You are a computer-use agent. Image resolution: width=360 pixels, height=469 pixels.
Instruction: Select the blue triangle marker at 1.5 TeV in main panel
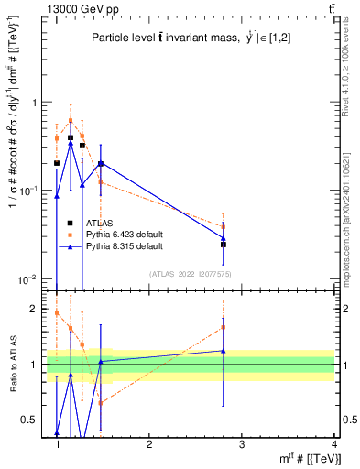[x=101, y=164]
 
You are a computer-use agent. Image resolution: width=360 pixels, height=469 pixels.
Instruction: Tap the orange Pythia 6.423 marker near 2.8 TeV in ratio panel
[x=224, y=327]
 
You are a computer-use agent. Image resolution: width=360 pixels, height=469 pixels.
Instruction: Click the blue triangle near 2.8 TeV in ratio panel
[x=224, y=351]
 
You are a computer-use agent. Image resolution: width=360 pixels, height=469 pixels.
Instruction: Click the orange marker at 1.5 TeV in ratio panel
[x=101, y=402]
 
